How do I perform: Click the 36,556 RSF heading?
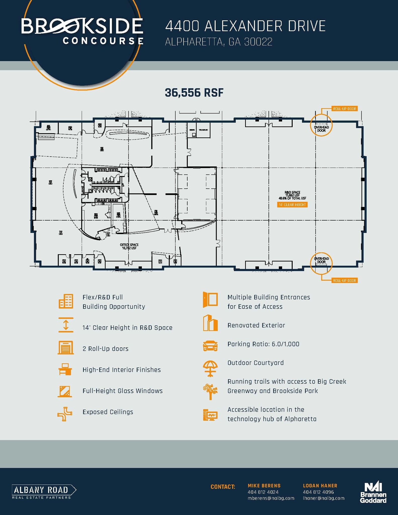tap(194, 93)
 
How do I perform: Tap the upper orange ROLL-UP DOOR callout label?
tap(344, 109)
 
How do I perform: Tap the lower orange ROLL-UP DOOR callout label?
tap(344, 280)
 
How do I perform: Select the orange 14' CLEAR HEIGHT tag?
tap(292, 205)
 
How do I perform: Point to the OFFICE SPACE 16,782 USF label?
tap(129, 246)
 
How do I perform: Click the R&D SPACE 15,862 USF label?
tap(292, 195)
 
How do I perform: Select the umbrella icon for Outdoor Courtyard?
tap(210, 368)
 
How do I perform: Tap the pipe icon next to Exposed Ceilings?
tap(65, 414)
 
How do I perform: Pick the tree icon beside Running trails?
tap(210, 392)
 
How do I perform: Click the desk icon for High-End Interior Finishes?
tap(65, 369)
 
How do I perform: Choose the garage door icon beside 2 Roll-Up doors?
tap(66, 348)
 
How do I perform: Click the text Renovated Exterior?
tap(256, 325)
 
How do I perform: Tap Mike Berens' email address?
tap(271, 498)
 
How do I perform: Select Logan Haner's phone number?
tap(318, 492)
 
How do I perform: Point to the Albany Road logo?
tap(44, 492)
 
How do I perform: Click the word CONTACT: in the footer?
tap(223, 487)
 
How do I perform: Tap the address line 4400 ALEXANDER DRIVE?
tap(245, 26)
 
